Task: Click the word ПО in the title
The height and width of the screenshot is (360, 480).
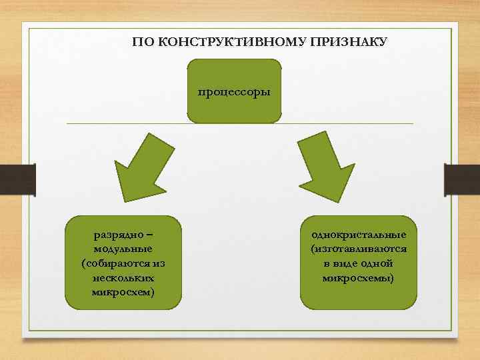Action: coord(141,42)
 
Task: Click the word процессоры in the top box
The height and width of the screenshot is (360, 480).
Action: coord(234,91)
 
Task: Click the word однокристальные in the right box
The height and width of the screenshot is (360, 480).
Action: coord(359,235)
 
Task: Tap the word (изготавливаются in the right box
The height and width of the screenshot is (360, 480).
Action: coord(359,249)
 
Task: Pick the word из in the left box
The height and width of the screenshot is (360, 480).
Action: coord(158,263)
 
